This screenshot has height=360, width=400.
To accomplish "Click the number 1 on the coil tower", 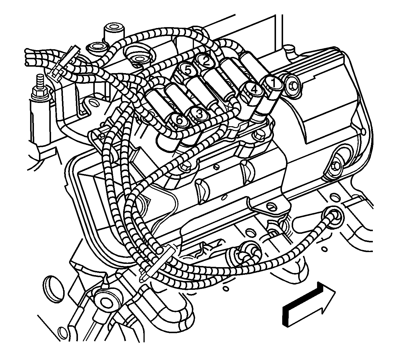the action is (273, 83).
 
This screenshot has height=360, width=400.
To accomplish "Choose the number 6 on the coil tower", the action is (179, 120).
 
